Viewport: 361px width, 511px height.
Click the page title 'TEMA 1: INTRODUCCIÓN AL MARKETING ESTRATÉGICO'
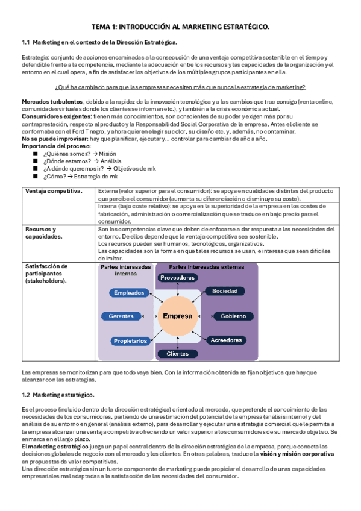[180, 27]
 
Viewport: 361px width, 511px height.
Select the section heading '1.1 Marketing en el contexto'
[99, 43]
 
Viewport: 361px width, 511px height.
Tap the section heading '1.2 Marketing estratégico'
[58, 395]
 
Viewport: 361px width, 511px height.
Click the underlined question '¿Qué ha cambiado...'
[180, 87]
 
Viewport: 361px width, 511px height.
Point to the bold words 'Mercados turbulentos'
[52, 101]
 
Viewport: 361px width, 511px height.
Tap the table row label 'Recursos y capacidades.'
[40, 233]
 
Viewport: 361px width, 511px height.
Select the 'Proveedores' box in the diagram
[177, 278]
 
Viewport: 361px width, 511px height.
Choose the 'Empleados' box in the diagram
[130, 293]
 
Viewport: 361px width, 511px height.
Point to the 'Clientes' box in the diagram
[177, 354]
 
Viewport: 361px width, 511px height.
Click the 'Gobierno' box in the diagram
[232, 316]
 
